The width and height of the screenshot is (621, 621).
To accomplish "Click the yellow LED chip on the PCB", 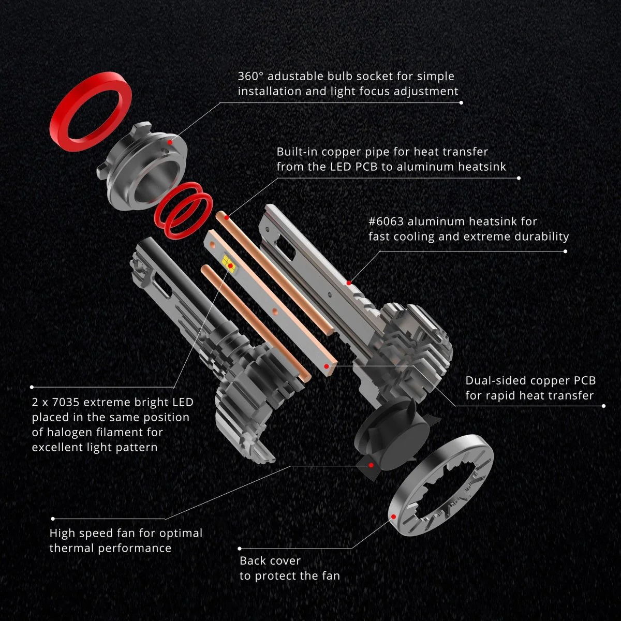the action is tap(228, 261).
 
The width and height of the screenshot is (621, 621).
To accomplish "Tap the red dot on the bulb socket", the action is tap(170, 142).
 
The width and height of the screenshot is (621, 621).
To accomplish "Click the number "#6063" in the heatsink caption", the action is tap(386, 221).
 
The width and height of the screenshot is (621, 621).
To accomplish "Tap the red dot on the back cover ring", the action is tap(393, 516).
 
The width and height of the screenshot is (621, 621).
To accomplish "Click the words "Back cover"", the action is tap(270, 561).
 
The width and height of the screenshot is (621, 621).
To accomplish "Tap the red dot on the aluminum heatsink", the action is tap(349, 283).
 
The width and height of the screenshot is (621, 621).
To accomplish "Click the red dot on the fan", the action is tap(371, 465).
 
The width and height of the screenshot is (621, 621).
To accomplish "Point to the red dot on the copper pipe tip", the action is tap(227, 218).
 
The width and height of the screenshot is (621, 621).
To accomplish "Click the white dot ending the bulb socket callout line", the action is tap(461, 103).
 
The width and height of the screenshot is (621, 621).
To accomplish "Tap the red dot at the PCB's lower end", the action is tap(327, 366).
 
